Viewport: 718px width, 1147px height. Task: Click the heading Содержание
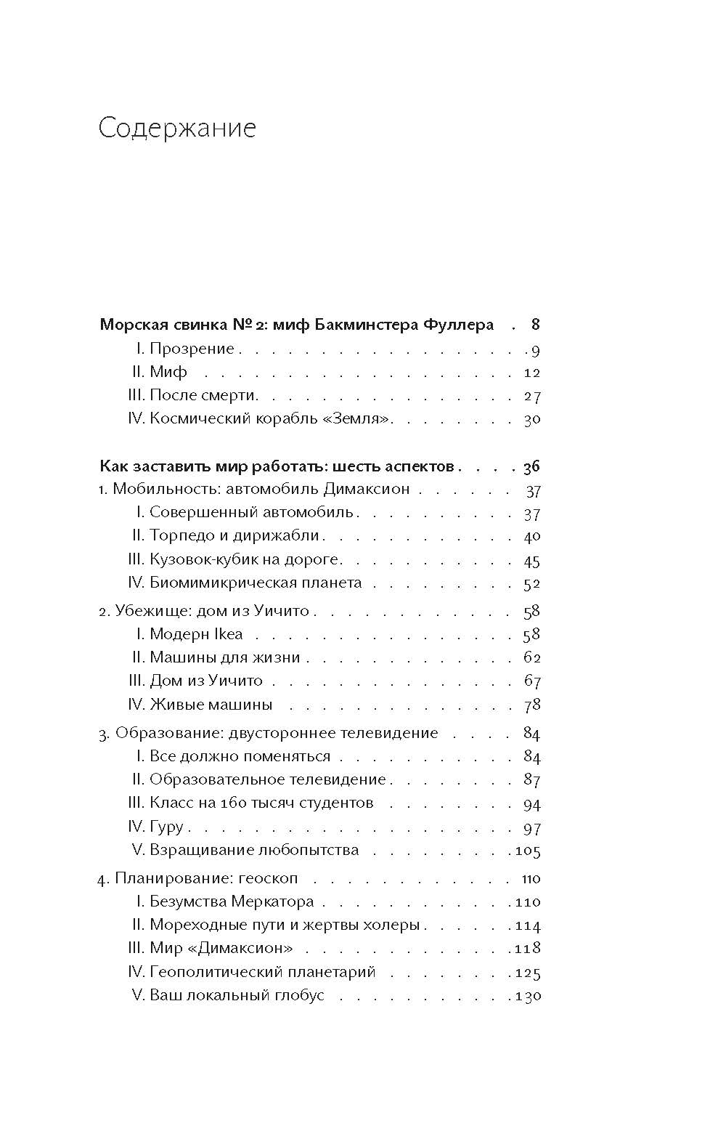pos(177,128)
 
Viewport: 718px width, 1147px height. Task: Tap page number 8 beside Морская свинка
pos(535,324)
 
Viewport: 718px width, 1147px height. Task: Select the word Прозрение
pos(192,349)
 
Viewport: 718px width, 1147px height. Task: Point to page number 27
pos(532,397)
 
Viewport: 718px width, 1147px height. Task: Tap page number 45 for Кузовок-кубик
pos(532,561)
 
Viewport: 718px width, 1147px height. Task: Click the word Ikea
pos(228,634)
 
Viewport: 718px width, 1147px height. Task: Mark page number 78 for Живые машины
pos(532,705)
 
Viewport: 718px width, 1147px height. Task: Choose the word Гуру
pos(166,827)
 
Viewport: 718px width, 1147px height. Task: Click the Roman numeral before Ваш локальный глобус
pos(139,995)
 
